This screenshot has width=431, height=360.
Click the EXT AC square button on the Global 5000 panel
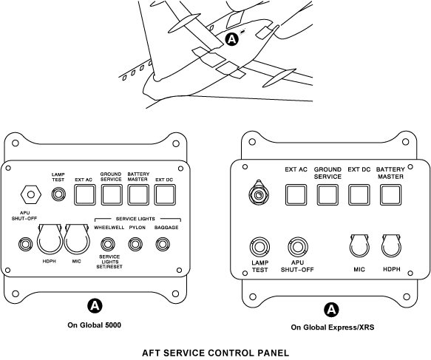click(85, 195)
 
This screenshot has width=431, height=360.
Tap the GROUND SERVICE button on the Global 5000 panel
click(112, 195)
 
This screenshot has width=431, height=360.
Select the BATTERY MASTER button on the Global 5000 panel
click(138, 195)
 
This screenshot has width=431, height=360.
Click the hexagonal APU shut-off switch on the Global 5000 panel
click(31, 194)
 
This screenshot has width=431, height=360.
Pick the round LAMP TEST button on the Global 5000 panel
click(58, 194)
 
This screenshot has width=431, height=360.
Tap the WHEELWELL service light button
click(108, 244)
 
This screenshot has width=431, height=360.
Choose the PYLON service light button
click(135, 244)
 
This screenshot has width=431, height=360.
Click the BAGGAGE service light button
click(163, 244)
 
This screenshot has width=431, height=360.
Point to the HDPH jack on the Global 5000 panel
click(50, 239)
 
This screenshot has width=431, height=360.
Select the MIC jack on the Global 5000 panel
click(77, 239)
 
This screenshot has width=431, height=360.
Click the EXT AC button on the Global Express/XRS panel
click(296, 195)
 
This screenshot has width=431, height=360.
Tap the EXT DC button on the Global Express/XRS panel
click(359, 195)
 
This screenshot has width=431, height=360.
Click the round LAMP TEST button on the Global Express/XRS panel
click(259, 247)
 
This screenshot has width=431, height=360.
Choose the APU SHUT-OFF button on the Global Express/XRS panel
click(298, 247)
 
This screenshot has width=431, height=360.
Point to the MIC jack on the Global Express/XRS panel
click(359, 246)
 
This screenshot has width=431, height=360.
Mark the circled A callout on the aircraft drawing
click(232, 40)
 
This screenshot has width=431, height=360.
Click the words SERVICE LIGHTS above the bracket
click(135, 219)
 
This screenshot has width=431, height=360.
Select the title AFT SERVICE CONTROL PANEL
click(216, 353)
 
